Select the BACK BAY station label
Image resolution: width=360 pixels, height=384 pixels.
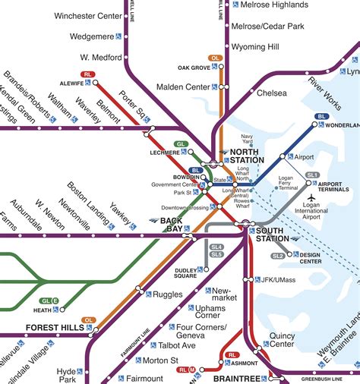169,225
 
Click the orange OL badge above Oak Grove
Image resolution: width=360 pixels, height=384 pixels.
216,58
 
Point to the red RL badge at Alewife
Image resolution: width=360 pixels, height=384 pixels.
89,74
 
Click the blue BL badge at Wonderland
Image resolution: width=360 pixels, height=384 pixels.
321,117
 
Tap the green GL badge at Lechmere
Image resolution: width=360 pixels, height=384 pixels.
180,143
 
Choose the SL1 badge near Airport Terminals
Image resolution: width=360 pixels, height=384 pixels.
312,175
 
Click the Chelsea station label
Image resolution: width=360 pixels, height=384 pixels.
272,93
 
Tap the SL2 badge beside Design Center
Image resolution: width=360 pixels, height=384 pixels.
278,256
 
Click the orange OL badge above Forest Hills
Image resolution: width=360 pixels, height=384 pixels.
90,319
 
